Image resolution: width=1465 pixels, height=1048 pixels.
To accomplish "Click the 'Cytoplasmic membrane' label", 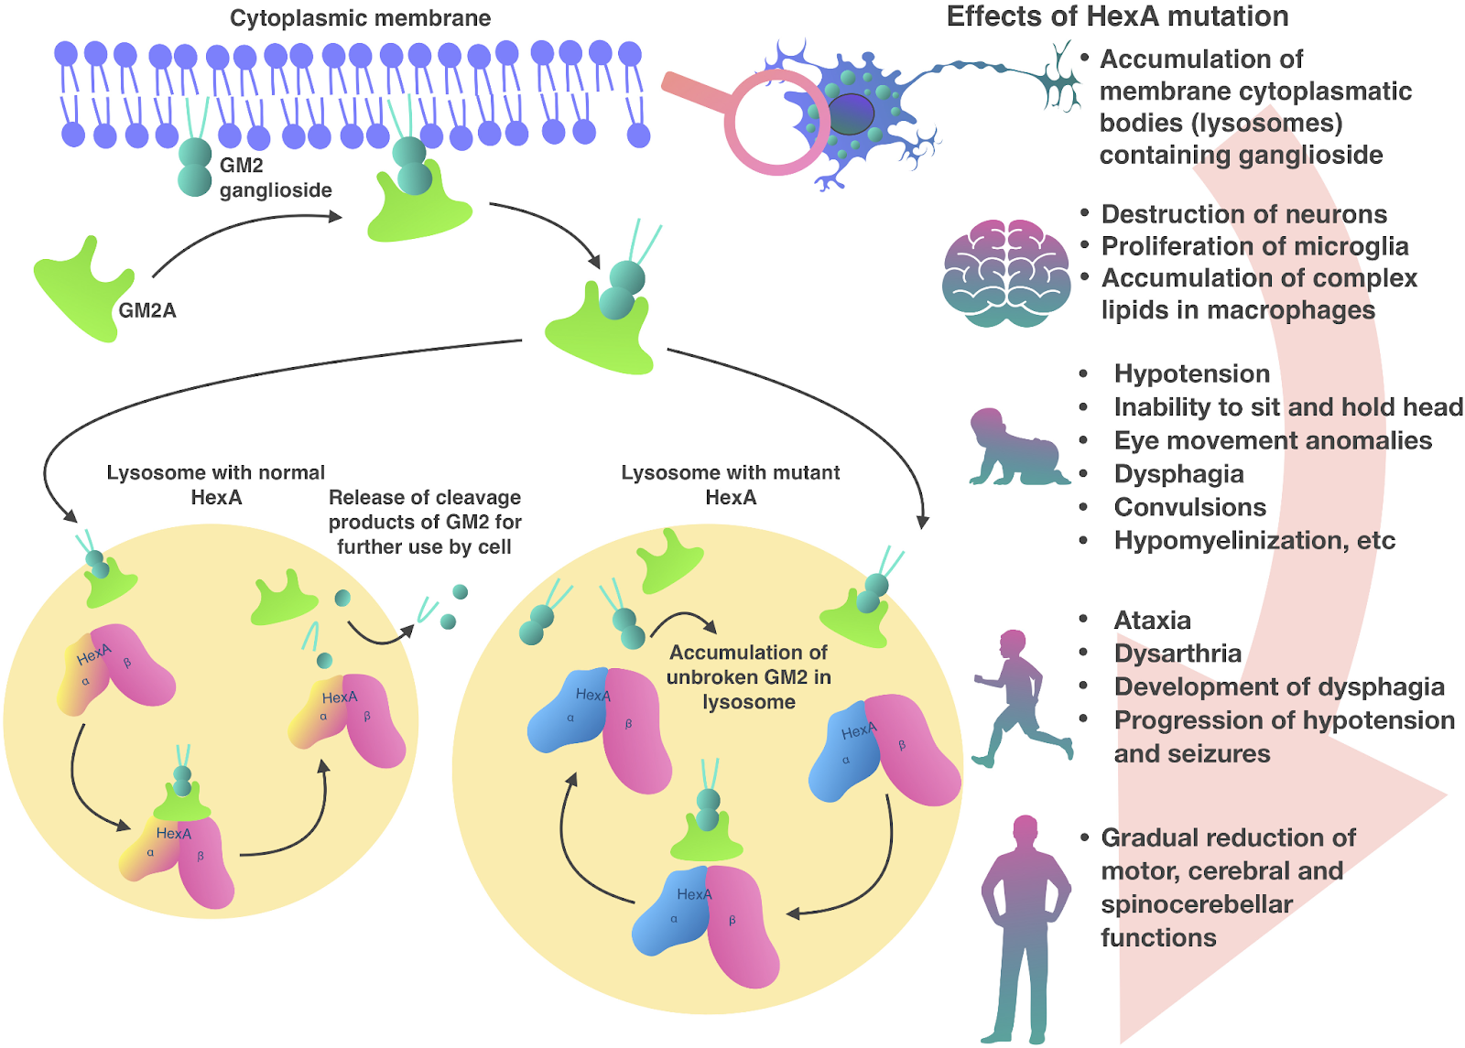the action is pos(360,18).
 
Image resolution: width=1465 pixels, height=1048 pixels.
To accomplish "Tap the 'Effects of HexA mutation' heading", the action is pos(1118,16).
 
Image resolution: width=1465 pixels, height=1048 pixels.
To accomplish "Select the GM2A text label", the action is pos(147,310).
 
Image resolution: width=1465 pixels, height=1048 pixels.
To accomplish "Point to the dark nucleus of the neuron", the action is pos(851,113).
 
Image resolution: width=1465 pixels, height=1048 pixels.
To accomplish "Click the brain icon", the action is pos(1006,274).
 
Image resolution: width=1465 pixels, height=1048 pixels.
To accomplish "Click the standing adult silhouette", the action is pos(1025,928).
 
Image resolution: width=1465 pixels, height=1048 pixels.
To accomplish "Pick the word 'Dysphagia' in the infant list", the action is pos(1178,474).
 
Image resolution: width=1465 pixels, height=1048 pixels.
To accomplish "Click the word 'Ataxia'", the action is pos(1153,620).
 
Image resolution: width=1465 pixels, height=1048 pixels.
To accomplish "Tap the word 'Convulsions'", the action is pos(1189,507).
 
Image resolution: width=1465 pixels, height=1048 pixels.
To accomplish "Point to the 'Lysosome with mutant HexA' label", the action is pos(731,484).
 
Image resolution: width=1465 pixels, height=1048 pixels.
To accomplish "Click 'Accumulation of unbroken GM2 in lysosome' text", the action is pos(749,676).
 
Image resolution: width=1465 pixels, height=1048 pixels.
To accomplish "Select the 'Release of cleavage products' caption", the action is pos(425,522).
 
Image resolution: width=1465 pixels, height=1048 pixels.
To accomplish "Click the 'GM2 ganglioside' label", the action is pos(276,178).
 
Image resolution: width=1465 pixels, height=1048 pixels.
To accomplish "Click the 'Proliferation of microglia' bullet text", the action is pos(1254,246).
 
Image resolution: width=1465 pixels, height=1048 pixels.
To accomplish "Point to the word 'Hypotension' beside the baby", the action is pos(1191,374).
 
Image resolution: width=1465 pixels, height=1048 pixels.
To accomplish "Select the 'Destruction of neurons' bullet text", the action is pos(1244,214).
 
